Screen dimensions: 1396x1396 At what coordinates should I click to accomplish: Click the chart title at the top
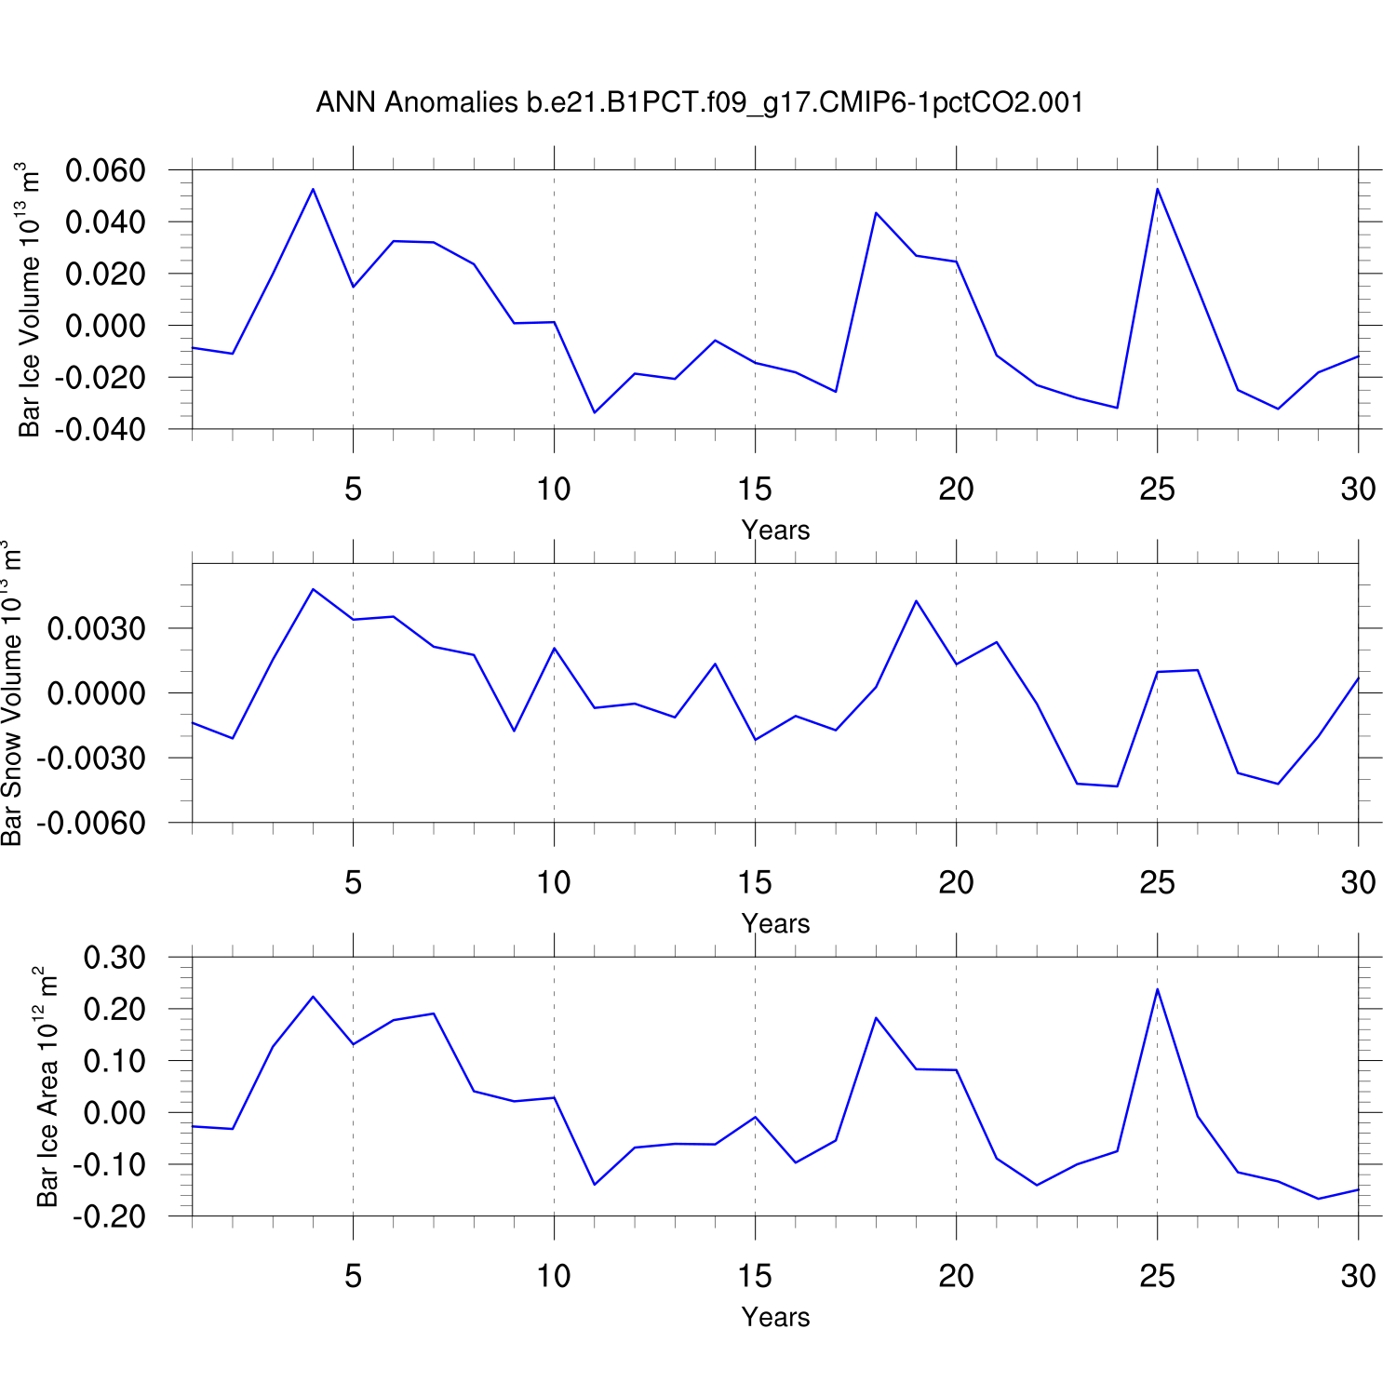tap(700, 101)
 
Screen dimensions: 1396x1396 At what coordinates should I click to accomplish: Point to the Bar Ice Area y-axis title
tap(46, 1087)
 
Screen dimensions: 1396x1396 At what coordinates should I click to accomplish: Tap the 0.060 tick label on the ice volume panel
tap(105, 170)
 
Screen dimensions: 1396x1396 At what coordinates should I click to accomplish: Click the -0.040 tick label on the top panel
tap(101, 430)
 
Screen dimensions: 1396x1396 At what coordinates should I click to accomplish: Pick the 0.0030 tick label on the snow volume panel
tap(97, 629)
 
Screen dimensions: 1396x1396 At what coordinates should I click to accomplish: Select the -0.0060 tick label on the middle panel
tap(91, 824)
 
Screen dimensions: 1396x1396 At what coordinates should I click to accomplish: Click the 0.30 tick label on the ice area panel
tap(114, 958)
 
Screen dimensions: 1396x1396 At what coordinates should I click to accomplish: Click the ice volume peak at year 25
tap(1157, 189)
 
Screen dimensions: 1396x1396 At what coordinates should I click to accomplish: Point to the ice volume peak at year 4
tap(313, 189)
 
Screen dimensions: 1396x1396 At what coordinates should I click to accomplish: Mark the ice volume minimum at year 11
tap(595, 412)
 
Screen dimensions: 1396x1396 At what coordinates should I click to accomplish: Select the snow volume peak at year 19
tap(916, 601)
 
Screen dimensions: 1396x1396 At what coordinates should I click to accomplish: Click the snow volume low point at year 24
tap(1117, 786)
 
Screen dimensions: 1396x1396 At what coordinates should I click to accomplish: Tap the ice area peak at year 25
tap(1157, 989)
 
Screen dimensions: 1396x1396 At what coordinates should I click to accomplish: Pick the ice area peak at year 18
tap(876, 1018)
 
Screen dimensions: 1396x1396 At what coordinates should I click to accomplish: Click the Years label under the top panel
tap(775, 530)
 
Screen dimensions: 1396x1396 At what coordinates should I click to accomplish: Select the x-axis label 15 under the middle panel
tap(755, 882)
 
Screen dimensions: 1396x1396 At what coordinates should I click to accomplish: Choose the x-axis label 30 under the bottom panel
tap(1358, 1276)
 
